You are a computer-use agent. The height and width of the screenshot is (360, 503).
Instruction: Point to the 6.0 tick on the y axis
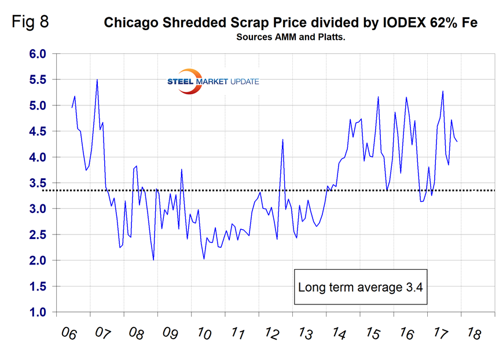(x=38, y=54)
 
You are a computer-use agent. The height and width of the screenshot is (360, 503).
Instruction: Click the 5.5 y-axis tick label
(x=38, y=80)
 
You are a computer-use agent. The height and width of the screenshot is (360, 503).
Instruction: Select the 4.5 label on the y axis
(x=38, y=131)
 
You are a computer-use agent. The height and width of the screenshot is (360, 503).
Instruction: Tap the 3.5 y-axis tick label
(x=38, y=183)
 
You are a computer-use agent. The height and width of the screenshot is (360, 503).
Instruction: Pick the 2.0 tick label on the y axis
(x=38, y=260)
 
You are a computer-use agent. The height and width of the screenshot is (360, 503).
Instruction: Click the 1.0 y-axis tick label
(x=38, y=312)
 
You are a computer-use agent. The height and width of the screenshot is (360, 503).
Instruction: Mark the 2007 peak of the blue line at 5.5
(x=97, y=79)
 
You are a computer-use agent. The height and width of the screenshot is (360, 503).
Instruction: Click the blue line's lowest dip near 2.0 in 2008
(x=153, y=260)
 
